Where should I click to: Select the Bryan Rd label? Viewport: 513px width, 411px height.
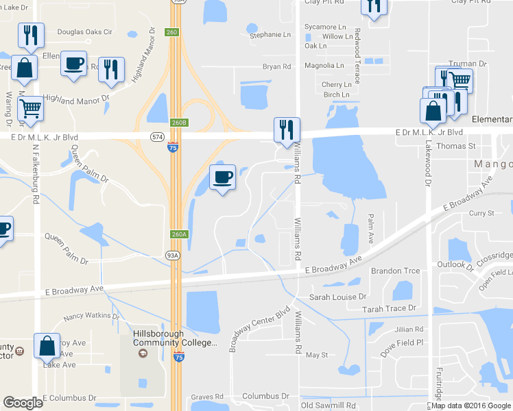277,66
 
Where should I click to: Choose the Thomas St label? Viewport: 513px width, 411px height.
456,146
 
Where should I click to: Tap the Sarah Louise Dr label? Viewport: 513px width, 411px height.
338,297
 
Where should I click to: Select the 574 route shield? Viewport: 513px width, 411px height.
156,137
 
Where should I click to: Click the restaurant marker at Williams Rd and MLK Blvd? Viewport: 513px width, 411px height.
285,129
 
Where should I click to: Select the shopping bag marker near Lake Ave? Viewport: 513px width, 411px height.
47,347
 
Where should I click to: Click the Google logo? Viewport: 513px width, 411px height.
23,403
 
